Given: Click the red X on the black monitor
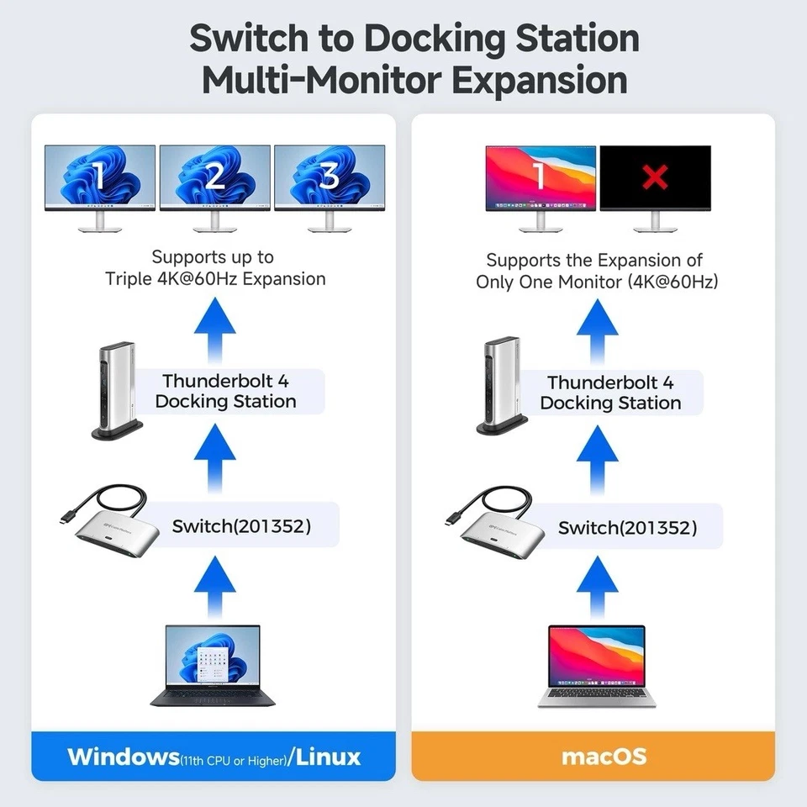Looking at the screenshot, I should point(655,177).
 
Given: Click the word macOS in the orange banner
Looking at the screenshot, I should point(592,755).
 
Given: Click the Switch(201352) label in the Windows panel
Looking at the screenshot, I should point(241,526).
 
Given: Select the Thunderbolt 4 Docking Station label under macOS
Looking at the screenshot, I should point(610,393).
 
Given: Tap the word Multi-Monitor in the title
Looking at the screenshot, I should point(315,81).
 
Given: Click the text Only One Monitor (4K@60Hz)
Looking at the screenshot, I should point(597,282).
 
